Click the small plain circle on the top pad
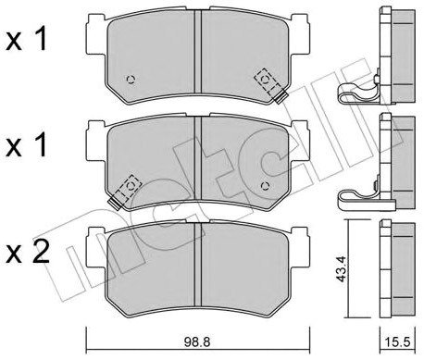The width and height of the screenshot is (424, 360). click(x=131, y=78)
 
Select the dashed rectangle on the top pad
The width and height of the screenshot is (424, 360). click(x=269, y=81)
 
